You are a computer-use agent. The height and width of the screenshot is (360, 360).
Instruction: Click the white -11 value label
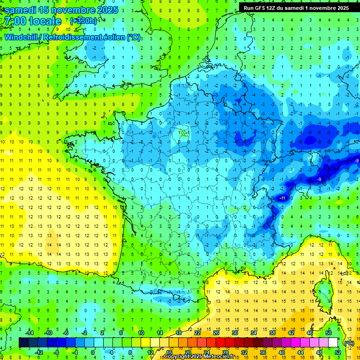tap(282, 199)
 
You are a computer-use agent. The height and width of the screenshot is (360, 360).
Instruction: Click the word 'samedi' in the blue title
tap(21, 10)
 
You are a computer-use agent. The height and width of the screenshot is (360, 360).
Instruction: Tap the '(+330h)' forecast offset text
tap(83, 21)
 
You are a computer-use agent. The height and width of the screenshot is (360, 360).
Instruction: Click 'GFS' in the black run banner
tap(262, 8)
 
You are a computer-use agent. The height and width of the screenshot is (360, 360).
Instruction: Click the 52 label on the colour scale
tap(338, 352)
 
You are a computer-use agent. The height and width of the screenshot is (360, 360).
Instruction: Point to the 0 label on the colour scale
tap(92, 352)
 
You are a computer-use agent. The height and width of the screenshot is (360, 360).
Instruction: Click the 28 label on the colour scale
tap(225, 352)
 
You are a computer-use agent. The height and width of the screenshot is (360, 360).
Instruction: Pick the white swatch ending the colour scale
tap(333, 343)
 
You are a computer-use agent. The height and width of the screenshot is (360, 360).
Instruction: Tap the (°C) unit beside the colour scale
tap(349, 343)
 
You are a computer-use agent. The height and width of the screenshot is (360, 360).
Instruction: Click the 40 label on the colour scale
tap(282, 352)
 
